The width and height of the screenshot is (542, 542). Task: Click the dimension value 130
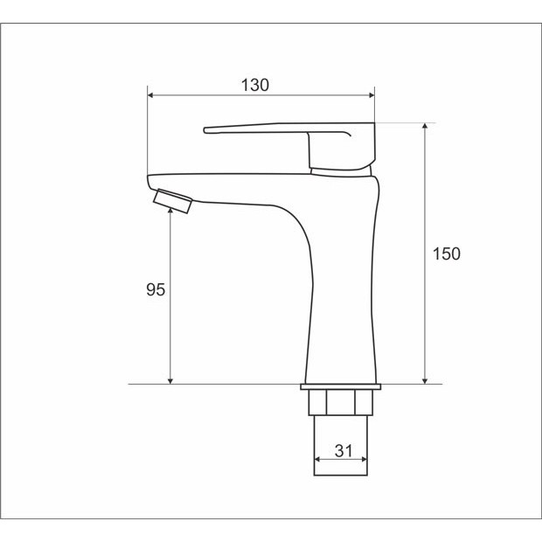(254, 85)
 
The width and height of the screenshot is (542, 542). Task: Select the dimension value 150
(447, 254)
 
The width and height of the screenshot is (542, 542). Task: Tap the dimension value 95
(156, 289)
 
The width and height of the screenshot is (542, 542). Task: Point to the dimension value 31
(344, 451)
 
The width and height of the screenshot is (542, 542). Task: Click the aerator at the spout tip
(172, 201)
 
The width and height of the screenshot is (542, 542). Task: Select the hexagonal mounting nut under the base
(340, 402)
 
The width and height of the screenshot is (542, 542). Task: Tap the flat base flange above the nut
(340, 386)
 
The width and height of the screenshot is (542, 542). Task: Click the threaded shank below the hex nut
(340, 445)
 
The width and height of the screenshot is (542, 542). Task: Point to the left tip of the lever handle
(205, 130)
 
